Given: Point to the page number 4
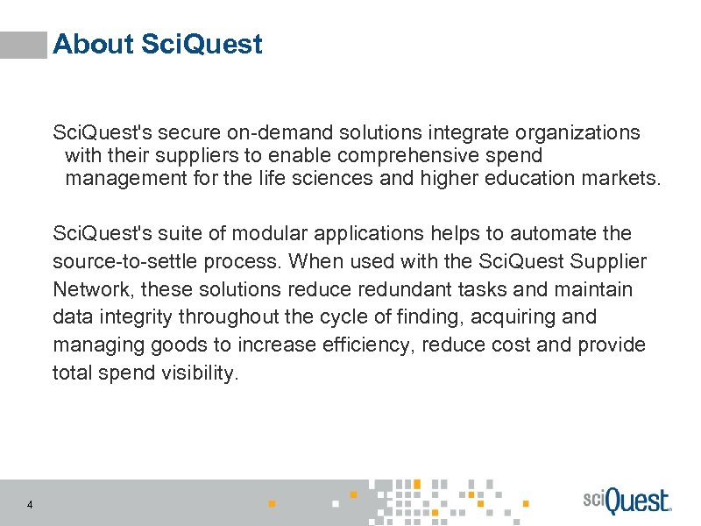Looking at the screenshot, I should tap(31, 504).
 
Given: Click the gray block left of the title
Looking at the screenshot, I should tap(24, 45).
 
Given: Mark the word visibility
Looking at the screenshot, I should tap(200, 373).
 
